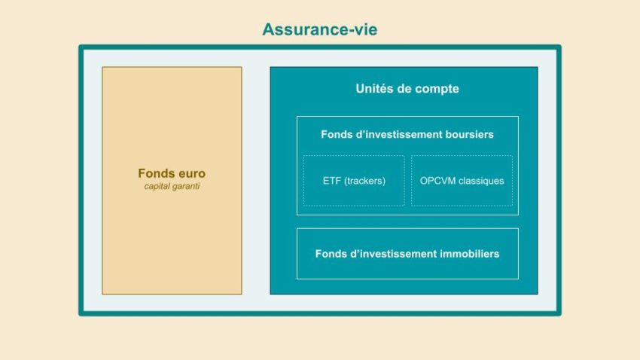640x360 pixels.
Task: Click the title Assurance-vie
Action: point(320,29)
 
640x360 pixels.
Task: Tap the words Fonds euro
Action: point(172,173)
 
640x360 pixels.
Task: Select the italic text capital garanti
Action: point(172,186)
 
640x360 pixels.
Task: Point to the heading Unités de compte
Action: point(407,89)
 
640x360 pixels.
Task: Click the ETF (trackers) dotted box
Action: point(354,181)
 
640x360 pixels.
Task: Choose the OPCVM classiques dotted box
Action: point(462,181)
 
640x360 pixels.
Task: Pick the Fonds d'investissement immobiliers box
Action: point(407,254)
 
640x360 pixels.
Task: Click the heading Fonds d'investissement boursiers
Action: point(407,135)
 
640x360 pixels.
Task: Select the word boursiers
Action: point(468,135)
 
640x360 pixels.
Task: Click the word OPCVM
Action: point(437,181)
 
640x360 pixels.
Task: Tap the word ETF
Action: point(332,181)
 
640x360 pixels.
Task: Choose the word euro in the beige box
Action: point(190,173)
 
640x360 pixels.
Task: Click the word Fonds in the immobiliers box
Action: point(331,254)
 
